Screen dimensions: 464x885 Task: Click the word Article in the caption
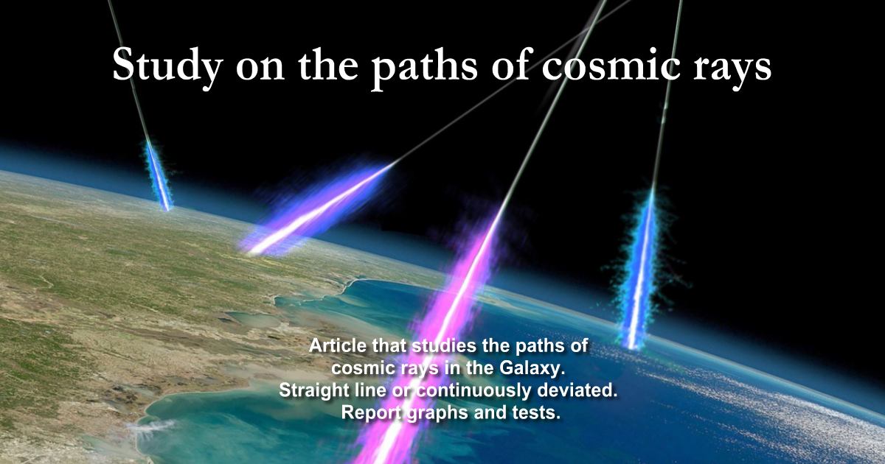pyautogui.click(x=336, y=345)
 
